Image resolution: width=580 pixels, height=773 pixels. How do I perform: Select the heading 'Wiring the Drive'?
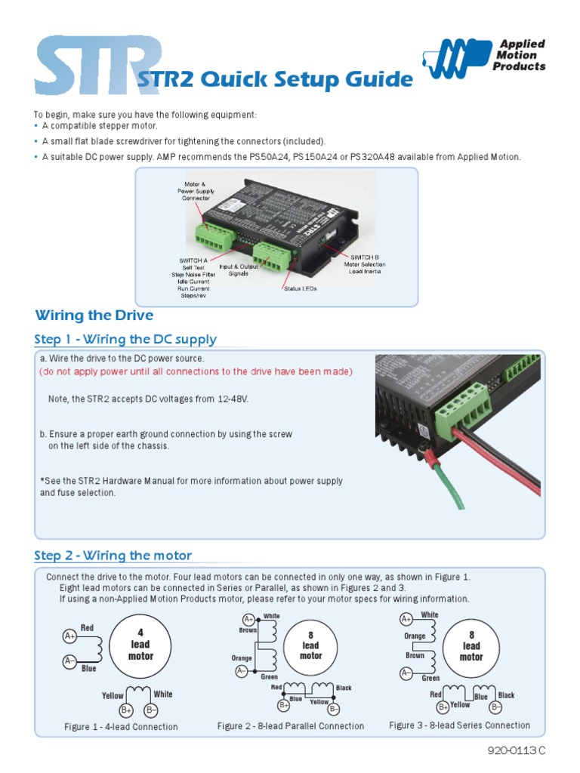pyautogui.click(x=94, y=316)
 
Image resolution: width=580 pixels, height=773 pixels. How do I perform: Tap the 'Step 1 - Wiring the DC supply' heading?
pyautogui.click(x=125, y=340)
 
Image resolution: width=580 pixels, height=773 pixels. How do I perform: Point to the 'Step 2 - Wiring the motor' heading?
pyautogui.click(x=113, y=556)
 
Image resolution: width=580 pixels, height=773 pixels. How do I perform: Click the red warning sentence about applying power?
pyautogui.click(x=196, y=371)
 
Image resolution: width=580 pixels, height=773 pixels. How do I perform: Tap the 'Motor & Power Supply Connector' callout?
pyautogui.click(x=196, y=192)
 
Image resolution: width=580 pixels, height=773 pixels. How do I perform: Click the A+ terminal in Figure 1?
pyautogui.click(x=69, y=636)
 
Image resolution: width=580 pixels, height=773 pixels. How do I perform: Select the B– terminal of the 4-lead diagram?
pyautogui.click(x=151, y=710)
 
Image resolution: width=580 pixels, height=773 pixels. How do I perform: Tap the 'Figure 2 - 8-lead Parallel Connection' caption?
pyautogui.click(x=291, y=726)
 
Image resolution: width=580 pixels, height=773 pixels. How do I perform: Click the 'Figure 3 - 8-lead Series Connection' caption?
pyautogui.click(x=459, y=725)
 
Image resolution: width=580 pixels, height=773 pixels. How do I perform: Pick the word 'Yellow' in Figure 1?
pyautogui.click(x=113, y=694)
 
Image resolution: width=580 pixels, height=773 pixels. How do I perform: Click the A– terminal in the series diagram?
pyautogui.click(x=406, y=673)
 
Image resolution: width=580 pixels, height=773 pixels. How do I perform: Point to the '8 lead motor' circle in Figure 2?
pyautogui.click(x=310, y=645)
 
